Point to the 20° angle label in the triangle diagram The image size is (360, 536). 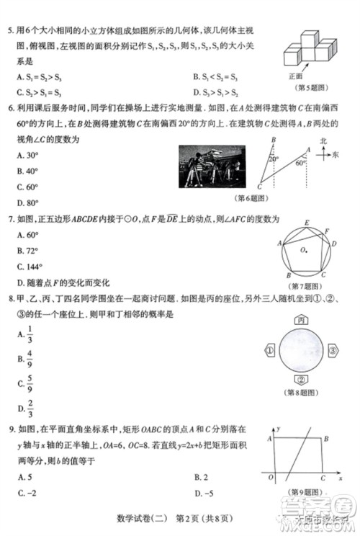(274, 158)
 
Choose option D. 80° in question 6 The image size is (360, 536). (29, 202)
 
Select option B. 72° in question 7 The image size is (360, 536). (29, 250)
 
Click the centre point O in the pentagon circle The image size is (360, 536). (305, 251)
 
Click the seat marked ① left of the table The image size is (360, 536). (270, 351)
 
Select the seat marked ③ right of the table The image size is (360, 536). (333, 351)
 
